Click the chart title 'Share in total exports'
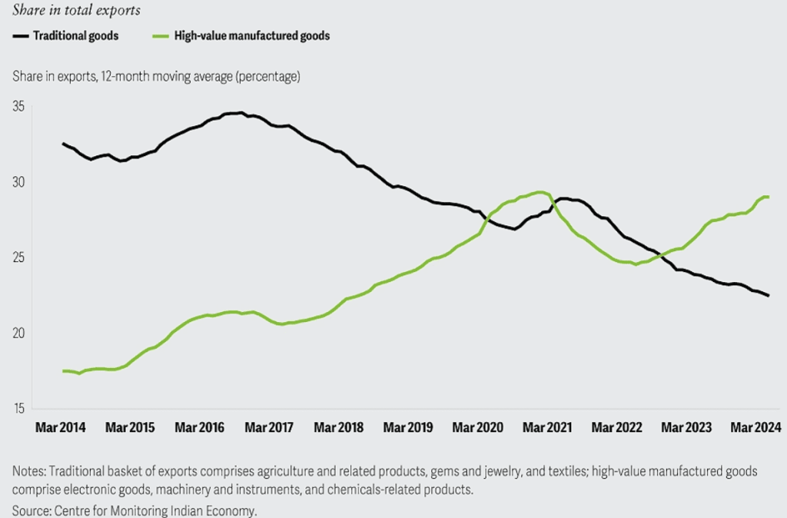coord(77,11)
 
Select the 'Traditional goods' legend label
coord(76,35)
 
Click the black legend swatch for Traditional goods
coord(21,35)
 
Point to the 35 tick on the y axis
coord(18,106)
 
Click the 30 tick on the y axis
coord(18,182)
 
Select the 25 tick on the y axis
coord(18,257)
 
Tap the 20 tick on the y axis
coord(18,334)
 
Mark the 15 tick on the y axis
coord(18,409)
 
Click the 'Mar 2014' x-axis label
coord(61,427)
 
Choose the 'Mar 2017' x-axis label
coord(268,427)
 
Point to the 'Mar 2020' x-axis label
coord(477,427)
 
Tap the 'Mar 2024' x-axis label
coord(755,427)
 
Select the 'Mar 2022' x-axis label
coord(616,427)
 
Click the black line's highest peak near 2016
coord(241,113)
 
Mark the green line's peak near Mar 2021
coord(540,192)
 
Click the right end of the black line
coord(768,295)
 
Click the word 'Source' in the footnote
coord(30,510)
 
